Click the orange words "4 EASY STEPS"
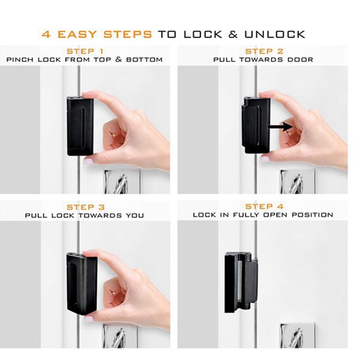click(x=97, y=34)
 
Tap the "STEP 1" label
click(x=85, y=51)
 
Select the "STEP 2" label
click(x=264, y=51)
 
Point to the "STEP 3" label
click(x=85, y=207)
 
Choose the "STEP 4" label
click(x=264, y=207)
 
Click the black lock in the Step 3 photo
click(x=81, y=283)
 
